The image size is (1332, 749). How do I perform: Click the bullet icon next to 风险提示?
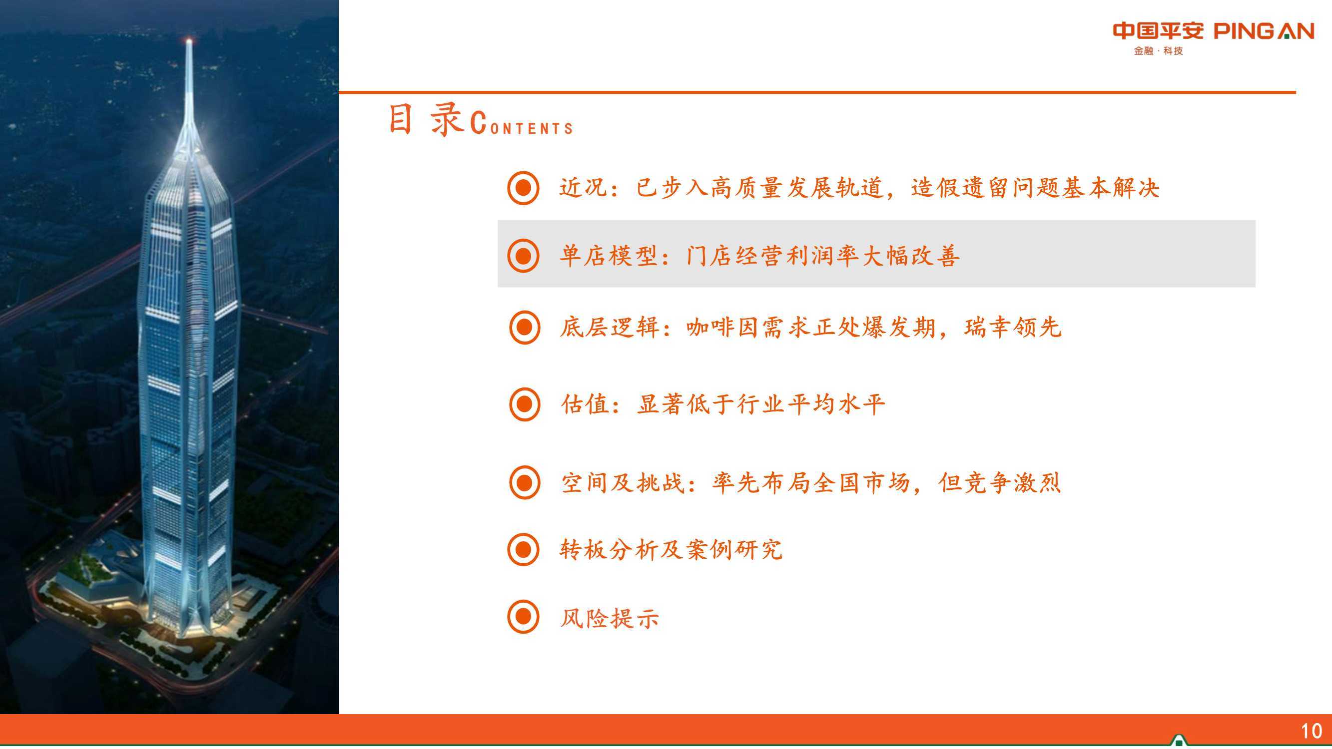[523, 617]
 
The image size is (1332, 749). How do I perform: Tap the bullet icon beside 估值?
[524, 404]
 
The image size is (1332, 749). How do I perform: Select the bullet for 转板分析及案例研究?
[523, 549]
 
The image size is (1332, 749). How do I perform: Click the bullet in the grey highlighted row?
[523, 255]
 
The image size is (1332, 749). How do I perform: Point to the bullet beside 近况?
[523, 188]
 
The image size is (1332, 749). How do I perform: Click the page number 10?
[1312, 732]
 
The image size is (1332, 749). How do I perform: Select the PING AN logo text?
[1264, 31]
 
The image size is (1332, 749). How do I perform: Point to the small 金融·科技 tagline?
[1158, 51]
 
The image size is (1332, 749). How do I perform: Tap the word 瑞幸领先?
[1012, 327]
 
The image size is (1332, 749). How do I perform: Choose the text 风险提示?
[610, 618]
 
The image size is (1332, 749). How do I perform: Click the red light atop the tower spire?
[189, 40]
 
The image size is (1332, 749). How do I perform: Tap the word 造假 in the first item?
[935, 188]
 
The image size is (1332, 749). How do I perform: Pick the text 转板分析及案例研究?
[671, 549]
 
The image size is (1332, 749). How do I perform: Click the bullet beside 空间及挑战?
[524, 483]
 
